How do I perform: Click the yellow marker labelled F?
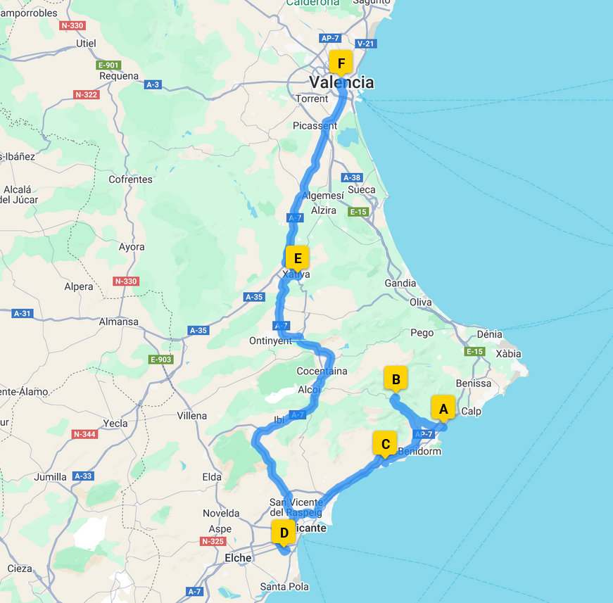click(341, 64)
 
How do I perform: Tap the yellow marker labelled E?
click(298, 258)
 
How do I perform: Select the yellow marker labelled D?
click(283, 533)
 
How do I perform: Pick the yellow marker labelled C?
click(385, 444)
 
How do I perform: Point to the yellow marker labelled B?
click(396, 380)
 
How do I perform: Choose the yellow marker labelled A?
click(443, 408)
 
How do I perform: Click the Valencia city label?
click(342, 82)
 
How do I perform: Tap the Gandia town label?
click(400, 284)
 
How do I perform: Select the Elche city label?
click(238, 558)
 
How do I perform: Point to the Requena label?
click(119, 76)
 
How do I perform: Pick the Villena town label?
click(192, 416)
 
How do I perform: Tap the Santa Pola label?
click(284, 586)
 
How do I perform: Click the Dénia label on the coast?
click(490, 334)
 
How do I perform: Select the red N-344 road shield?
click(84, 434)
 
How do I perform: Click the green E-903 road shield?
click(161, 360)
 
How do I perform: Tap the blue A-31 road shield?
click(23, 313)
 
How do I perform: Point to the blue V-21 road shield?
click(366, 44)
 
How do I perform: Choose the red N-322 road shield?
click(86, 94)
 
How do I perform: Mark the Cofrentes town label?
click(130, 179)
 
